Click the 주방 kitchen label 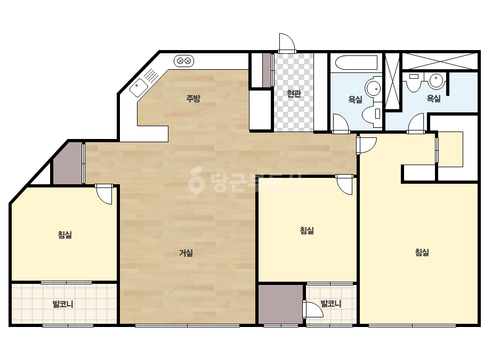pyautogui.click(x=193, y=99)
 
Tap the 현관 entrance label pyautogui.click(x=294, y=93)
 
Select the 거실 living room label pyautogui.click(x=185, y=253)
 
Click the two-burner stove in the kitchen pyautogui.click(x=184, y=61)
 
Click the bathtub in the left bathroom pyautogui.click(x=356, y=63)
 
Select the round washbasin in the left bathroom pyautogui.click(x=373, y=88)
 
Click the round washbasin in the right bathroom pyautogui.click(x=437, y=81)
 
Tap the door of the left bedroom pyautogui.click(x=104, y=194)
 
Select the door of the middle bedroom pyautogui.click(x=344, y=185)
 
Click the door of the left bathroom pyautogui.click(x=341, y=124)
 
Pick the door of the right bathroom pyautogui.click(x=416, y=123)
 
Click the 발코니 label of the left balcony pyautogui.click(x=63, y=304)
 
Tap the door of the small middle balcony pyautogui.click(x=313, y=310)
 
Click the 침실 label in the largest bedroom pyautogui.click(x=422, y=252)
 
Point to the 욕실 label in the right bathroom pyautogui.click(x=434, y=99)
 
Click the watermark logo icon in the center pyautogui.click(x=197, y=180)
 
